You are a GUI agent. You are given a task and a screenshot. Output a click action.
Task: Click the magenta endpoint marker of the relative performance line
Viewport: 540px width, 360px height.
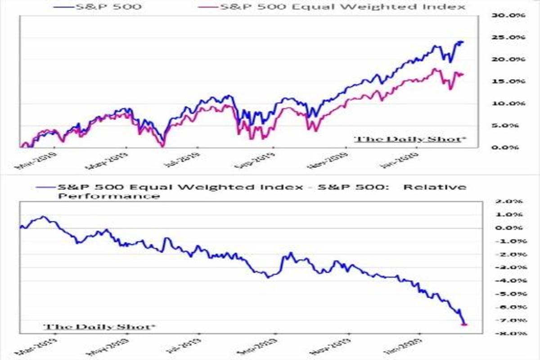[465, 324]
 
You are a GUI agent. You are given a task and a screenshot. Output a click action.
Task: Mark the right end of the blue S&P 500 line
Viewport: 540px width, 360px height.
[463, 42]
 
